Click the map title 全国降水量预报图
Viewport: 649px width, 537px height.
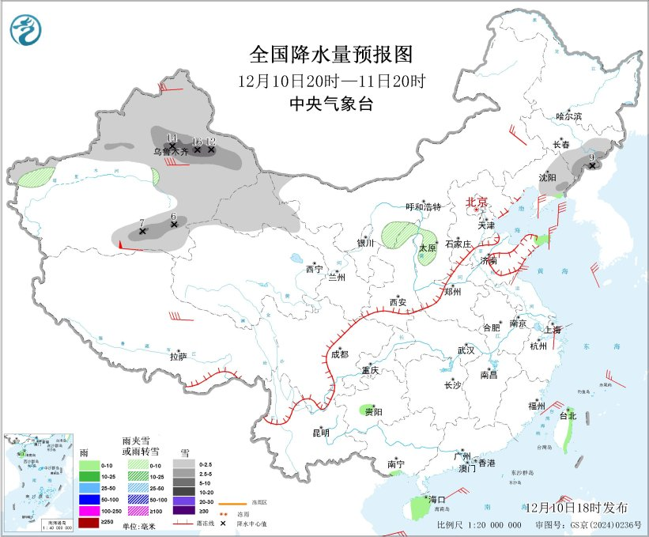tap(331, 55)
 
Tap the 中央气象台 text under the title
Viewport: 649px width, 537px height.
tap(331, 104)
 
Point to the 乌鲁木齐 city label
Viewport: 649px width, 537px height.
tap(171, 150)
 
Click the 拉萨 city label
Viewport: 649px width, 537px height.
tap(178, 357)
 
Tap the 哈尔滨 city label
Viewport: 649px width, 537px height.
tap(568, 116)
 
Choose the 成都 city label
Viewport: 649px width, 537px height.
tap(340, 354)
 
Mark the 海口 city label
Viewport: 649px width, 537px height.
tap(437, 499)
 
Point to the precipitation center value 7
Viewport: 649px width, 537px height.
tap(141, 223)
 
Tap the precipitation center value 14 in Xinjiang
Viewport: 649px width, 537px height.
tap(172, 138)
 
